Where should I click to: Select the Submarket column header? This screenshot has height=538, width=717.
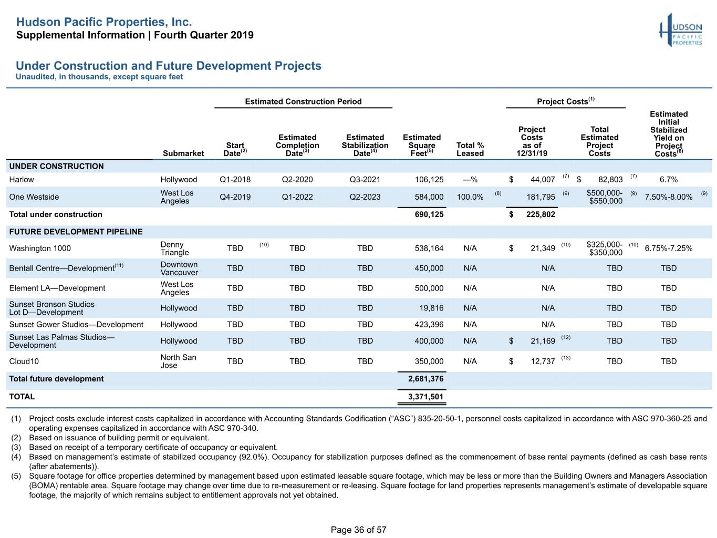183,153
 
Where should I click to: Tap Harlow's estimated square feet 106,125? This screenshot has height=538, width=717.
429,179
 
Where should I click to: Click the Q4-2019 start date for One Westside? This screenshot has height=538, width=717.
235,196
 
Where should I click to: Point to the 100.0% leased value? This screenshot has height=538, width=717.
470,196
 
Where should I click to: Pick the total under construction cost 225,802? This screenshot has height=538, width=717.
541,214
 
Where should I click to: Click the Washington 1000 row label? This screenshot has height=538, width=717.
40,249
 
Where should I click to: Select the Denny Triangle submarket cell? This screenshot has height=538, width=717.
174,249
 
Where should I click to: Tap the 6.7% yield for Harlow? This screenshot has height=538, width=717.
668,179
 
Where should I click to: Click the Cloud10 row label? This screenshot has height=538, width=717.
24,361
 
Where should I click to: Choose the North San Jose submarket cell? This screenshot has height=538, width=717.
178,361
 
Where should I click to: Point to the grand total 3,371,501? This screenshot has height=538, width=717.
425,397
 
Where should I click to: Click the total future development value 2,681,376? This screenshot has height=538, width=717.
425,379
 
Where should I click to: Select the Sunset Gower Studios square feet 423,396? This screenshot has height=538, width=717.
429,324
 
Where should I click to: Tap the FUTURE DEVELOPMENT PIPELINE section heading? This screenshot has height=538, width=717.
76,232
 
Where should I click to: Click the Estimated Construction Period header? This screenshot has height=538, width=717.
303,101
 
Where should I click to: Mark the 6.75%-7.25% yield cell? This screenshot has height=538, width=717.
668,249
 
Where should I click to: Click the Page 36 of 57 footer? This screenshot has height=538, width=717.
358,530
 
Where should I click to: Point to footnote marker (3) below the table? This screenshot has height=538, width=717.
16,447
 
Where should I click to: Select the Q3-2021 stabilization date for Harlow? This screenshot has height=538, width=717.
365,179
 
